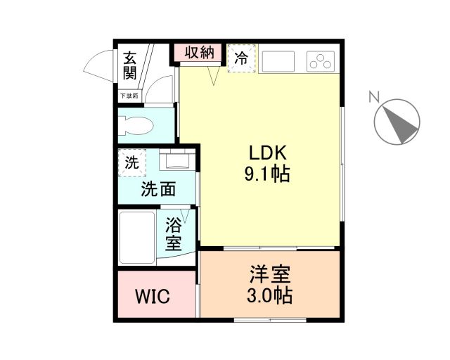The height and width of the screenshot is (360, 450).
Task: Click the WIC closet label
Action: [153, 296]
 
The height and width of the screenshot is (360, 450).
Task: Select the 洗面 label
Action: [158, 188]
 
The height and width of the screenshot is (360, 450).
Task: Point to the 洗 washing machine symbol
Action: [131, 162]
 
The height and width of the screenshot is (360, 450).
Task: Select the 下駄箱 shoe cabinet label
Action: [129, 96]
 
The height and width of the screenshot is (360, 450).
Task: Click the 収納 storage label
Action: [200, 53]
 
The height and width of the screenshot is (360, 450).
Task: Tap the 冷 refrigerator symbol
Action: [241, 58]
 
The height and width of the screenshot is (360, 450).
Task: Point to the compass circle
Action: [397, 122]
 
